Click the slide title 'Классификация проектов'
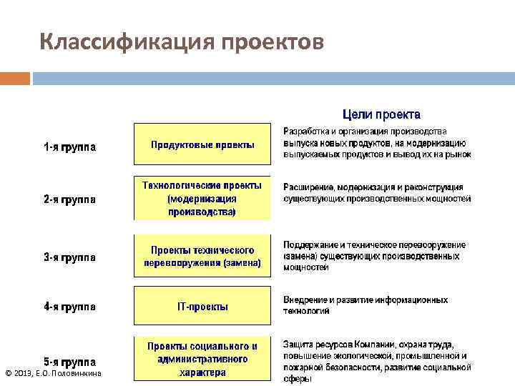coord(182,41)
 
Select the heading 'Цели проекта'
coord(381,114)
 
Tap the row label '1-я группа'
coord(71,148)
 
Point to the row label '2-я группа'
coord(71,199)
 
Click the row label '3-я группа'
coord(71,257)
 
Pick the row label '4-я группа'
coord(71,307)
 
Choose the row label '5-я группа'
coord(71,361)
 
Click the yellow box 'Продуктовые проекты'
coord(202,144)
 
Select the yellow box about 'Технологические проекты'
coord(202,198)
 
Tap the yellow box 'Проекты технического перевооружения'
coord(202,257)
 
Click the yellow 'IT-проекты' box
coord(202,307)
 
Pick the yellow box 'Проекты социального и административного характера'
coord(202,359)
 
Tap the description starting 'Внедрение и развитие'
coord(366,305)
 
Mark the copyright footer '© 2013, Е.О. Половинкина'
coord(53,373)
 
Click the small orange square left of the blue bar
coord(15,76)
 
